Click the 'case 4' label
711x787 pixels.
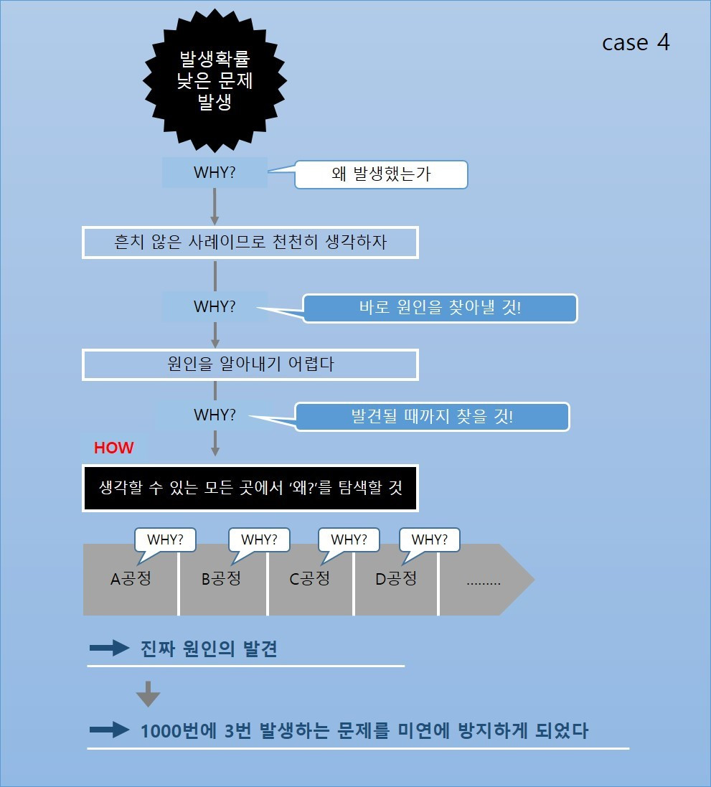click(636, 42)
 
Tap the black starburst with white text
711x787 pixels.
click(215, 79)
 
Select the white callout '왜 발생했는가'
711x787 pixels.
click(381, 174)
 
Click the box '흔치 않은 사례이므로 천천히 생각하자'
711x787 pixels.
click(250, 242)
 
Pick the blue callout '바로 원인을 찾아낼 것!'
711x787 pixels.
click(440, 308)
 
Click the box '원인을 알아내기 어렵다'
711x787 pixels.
click(250, 364)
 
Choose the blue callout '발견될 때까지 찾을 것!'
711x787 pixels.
click(432, 417)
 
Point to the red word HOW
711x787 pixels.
click(114, 448)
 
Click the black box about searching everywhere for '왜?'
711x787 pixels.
click(250, 488)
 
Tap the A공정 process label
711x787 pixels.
click(131, 579)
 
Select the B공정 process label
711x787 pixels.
click(221, 579)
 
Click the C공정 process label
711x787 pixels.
click(309, 579)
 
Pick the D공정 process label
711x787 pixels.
click(395, 579)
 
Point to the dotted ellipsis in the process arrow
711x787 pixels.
click(484, 580)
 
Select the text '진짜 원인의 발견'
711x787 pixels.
click(209, 649)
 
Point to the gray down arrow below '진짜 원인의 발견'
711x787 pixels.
click(148, 694)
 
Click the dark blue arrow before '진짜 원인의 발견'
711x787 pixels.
click(109, 649)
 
